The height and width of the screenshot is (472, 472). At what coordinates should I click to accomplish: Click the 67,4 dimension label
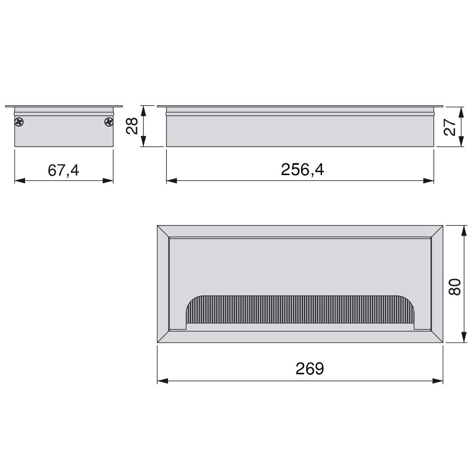pyautogui.click(x=63, y=170)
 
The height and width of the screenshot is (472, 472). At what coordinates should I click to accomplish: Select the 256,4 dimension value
pyautogui.click(x=302, y=169)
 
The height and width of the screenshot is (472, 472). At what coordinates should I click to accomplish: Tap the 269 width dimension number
pyautogui.click(x=310, y=369)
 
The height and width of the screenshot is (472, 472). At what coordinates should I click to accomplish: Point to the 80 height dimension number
pyautogui.click(x=455, y=287)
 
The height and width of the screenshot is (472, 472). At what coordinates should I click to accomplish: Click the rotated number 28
pyautogui.click(x=132, y=126)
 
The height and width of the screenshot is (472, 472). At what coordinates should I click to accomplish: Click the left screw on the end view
pyautogui.click(x=19, y=122)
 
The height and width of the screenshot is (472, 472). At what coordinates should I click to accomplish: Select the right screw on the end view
pyautogui.click(x=109, y=122)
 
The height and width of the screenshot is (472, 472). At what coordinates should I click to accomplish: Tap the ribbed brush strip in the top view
pyautogui.click(x=300, y=310)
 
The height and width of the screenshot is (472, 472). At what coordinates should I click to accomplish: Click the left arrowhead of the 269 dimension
pyautogui.click(x=162, y=381)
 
